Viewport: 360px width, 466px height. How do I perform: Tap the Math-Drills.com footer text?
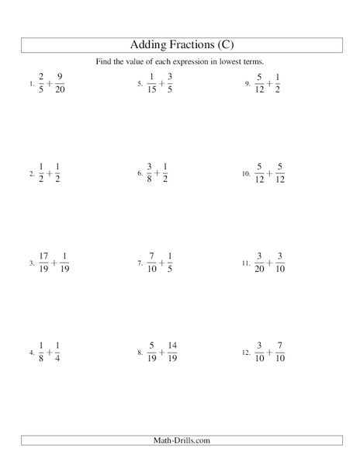pyautogui.click(x=179, y=441)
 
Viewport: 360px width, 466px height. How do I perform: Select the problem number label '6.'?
pyautogui.click(x=139, y=176)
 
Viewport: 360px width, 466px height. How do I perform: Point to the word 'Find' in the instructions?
pyautogui.click(x=114, y=61)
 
